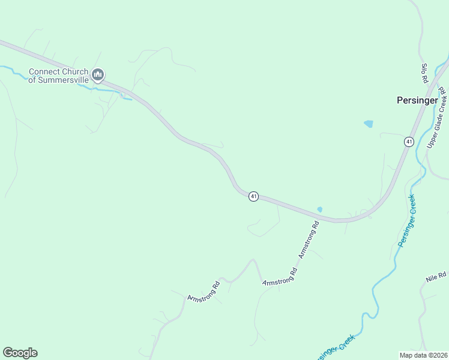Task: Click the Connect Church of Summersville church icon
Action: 98,75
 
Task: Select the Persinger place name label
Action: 417,101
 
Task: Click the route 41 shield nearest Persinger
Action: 409,142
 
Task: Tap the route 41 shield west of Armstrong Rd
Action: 254,196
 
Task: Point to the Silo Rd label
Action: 424,73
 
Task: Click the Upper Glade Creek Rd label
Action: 438,118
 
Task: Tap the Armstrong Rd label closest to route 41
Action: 308,239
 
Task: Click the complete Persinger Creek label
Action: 407,220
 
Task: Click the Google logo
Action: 20,353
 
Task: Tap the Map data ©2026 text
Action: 423,355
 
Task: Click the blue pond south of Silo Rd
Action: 368,124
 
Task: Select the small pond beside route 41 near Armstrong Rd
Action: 320,209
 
